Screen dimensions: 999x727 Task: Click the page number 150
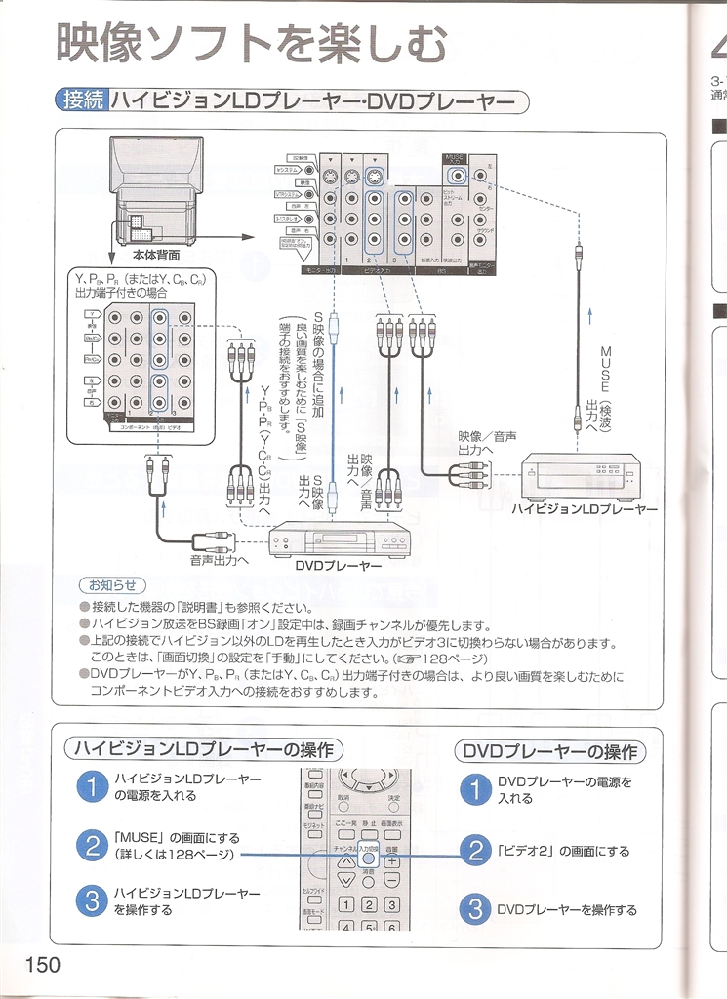43,964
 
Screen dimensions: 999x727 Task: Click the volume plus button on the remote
391,861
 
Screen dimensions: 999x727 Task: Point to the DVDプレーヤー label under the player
338,565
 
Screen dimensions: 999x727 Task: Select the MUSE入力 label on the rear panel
455,158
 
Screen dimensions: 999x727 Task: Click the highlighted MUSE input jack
456,178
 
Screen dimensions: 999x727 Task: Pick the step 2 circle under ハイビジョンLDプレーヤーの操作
90,846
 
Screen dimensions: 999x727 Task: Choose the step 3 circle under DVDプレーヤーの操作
474,909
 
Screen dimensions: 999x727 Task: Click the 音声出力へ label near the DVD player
220,561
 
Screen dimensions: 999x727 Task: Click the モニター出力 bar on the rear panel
309,270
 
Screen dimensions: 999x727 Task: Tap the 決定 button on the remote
393,797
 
